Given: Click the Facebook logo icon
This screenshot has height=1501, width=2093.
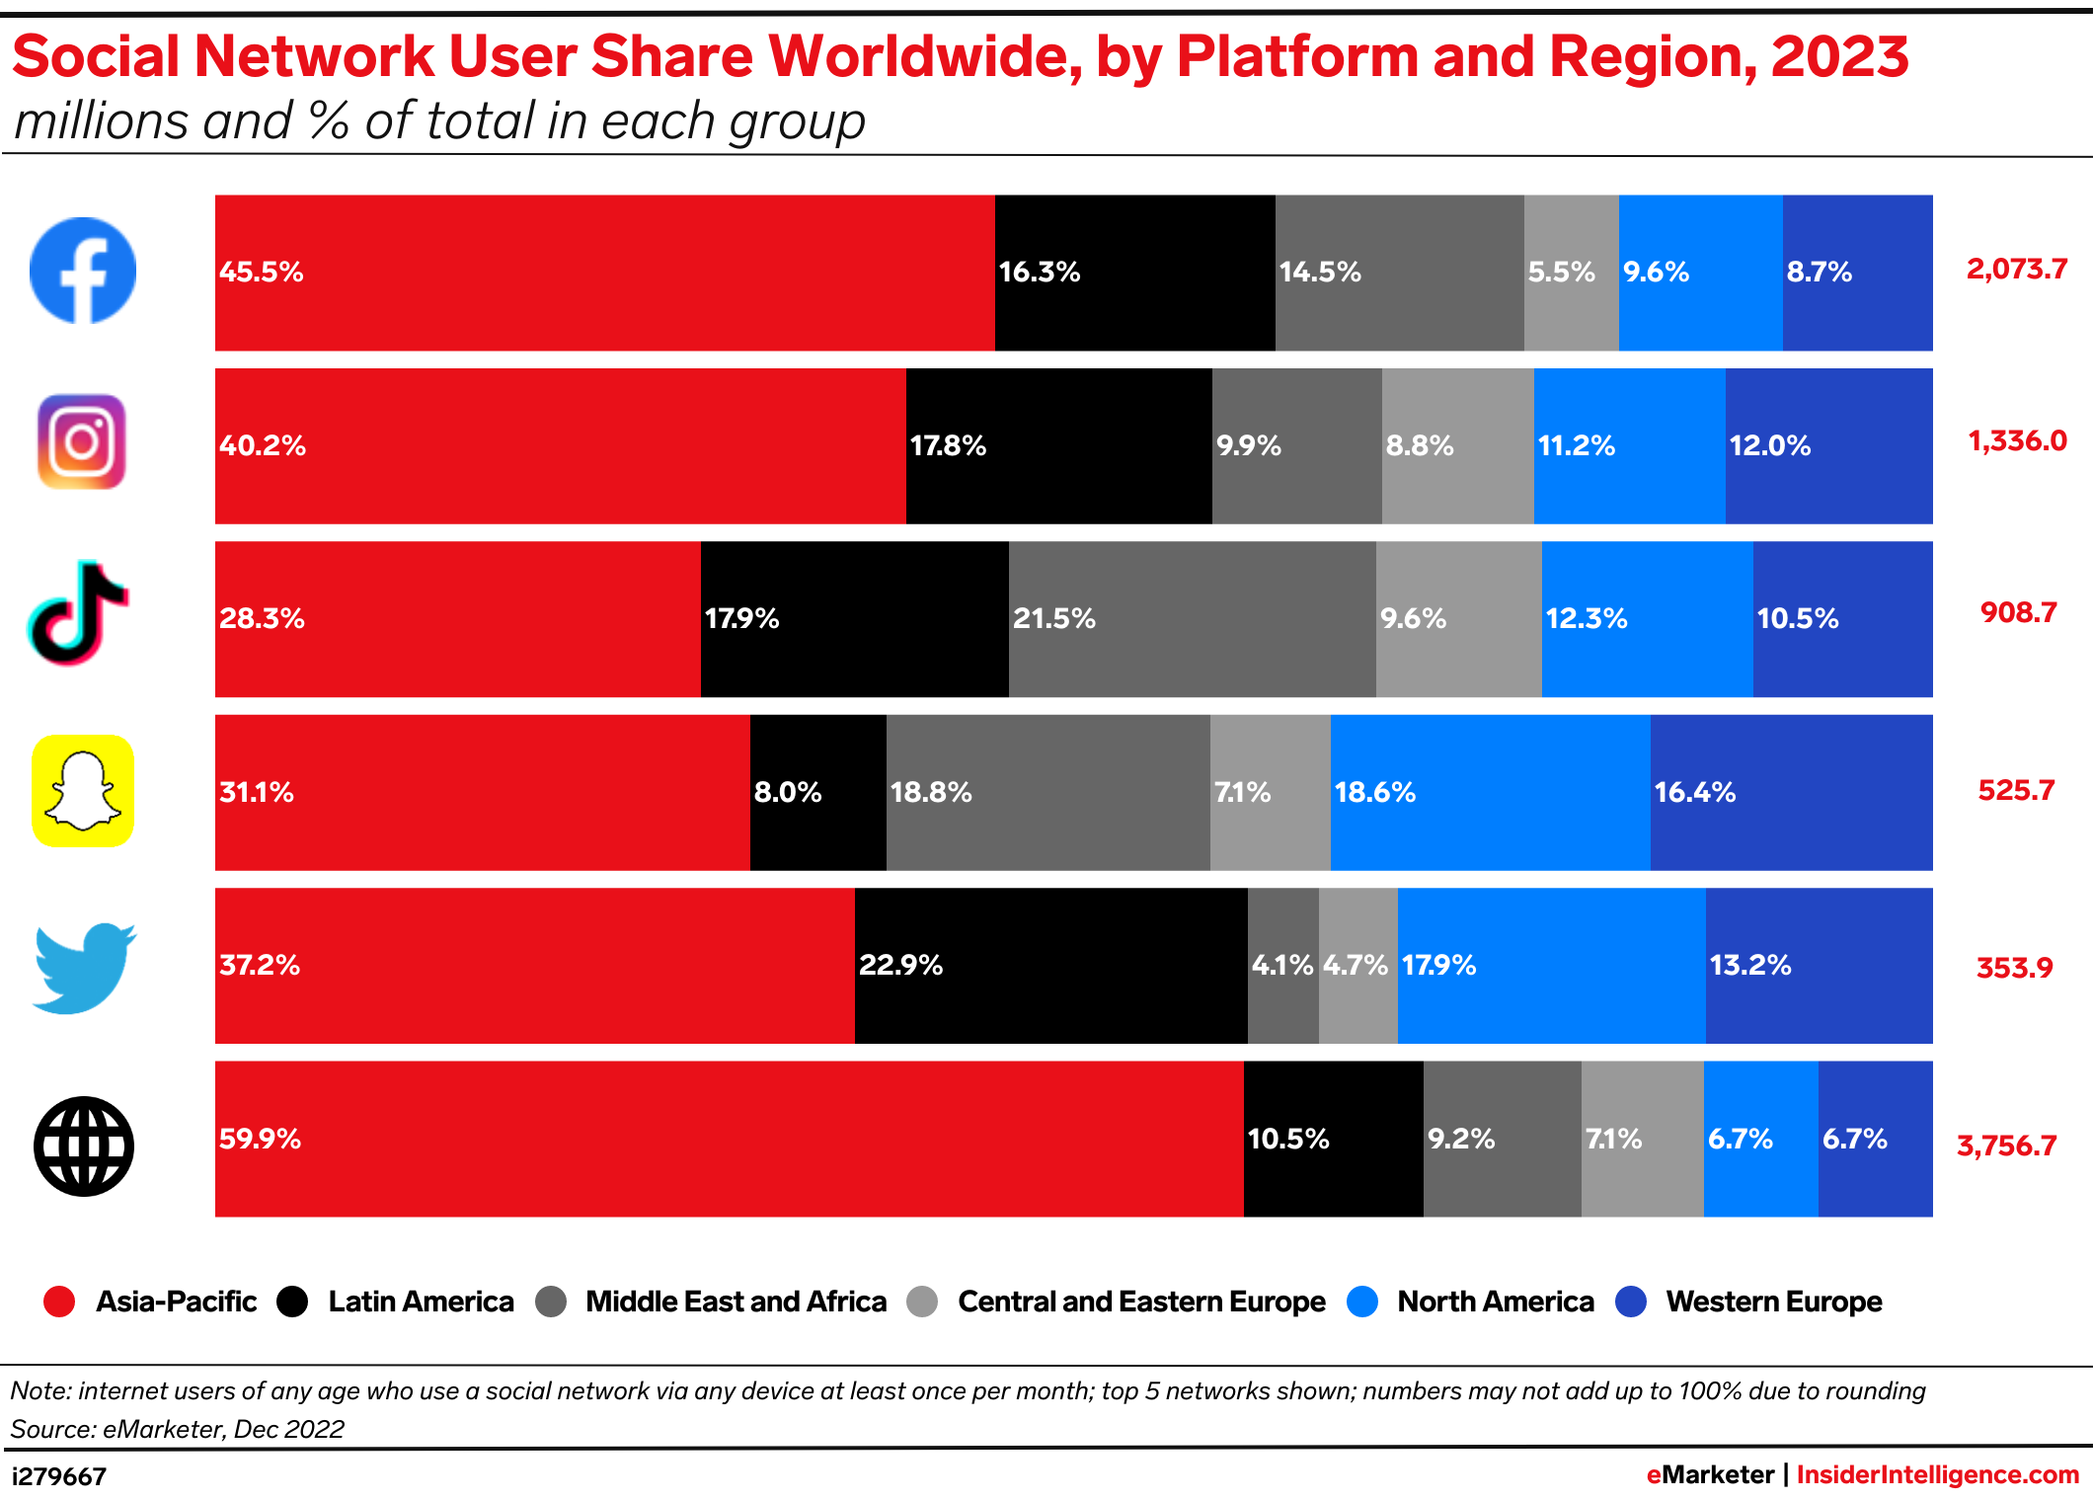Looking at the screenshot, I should coord(83,271).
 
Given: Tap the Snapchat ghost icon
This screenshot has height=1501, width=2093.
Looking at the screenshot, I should coord(83,791).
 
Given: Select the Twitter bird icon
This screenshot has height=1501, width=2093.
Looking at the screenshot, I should coord(84,967).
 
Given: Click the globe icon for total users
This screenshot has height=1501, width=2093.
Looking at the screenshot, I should coord(84,1145).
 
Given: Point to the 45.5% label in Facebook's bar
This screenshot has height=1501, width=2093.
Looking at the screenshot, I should coord(261,272).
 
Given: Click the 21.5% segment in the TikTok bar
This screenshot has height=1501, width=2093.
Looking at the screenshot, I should coord(1192,619).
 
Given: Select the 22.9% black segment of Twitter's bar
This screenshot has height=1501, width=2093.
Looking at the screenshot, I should coord(1050,966).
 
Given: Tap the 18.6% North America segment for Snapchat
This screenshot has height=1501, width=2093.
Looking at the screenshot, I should coord(1490,792).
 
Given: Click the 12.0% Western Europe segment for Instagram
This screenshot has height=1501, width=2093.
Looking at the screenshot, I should coord(1828,445).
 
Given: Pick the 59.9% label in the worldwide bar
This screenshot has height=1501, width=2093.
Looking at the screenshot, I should coord(260,1139).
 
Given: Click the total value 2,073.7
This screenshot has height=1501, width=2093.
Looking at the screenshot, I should coord(2016,269).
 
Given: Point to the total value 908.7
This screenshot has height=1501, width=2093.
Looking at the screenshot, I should coord(2018,612).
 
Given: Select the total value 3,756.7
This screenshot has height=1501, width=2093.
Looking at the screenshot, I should coord(2006,1145).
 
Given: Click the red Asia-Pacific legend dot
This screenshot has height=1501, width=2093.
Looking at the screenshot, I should coord(59,1302).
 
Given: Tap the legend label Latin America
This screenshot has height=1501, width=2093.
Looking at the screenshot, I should coord(421,1302).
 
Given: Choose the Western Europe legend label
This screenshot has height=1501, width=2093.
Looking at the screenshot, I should coord(1773,1302).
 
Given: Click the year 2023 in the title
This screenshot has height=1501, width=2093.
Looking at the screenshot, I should coord(1839,56).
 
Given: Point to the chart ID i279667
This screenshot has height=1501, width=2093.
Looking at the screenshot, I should coord(58,1476).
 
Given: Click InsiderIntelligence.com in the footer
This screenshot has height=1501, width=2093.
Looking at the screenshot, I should coord(1937,1474).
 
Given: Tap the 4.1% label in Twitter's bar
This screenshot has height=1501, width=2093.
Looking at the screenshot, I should coord(1281,965).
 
